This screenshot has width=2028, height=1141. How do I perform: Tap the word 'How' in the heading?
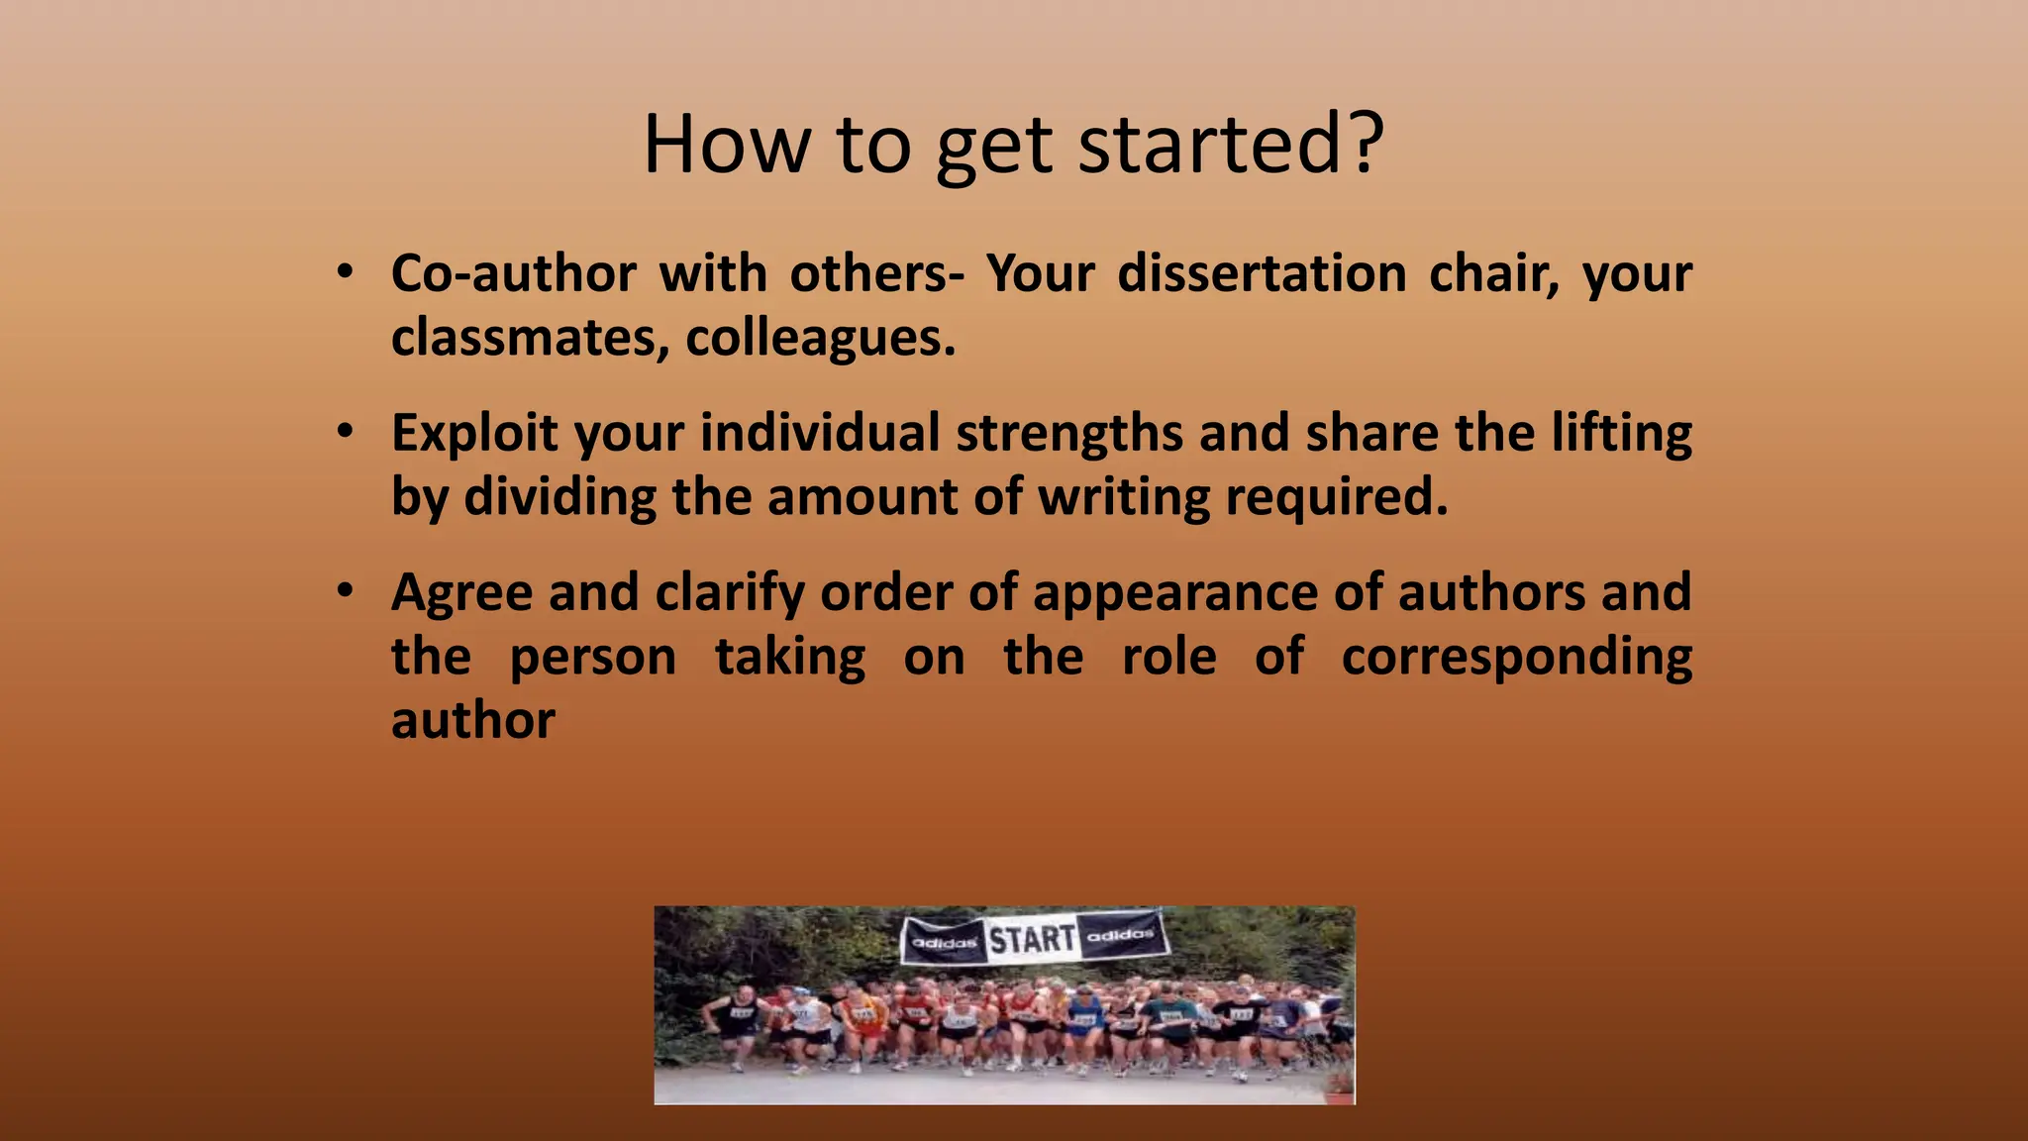726,145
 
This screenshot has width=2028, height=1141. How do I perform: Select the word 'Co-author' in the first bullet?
513,273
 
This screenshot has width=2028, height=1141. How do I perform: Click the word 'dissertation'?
1262,273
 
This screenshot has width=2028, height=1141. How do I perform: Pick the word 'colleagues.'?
821,338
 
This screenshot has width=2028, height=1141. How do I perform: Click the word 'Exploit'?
474,434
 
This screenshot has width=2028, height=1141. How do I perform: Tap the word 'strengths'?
1069,434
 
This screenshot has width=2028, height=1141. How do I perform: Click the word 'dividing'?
559,497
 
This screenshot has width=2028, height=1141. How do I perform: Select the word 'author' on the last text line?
472,721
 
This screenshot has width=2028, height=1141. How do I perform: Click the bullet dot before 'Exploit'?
344,432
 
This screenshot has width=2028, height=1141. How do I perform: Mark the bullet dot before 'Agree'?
344,591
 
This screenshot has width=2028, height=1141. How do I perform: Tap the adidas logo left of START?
944,942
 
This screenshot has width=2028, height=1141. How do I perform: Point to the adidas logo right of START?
1121,934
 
